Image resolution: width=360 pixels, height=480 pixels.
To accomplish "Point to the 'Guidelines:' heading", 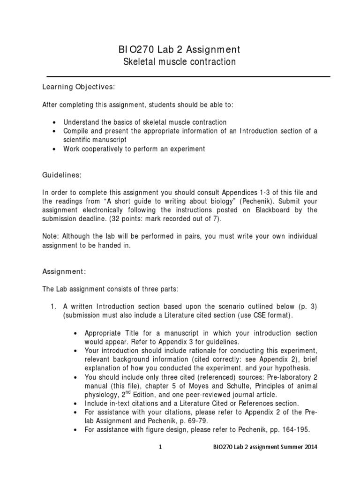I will (x=62, y=175).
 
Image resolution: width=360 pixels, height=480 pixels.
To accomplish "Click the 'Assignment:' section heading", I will (x=64, y=271).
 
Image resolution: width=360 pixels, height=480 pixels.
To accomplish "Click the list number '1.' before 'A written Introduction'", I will (x=53, y=307).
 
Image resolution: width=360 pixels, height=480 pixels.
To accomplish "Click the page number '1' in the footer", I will (x=161, y=447).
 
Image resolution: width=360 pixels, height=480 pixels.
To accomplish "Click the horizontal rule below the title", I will (x=188, y=76).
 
